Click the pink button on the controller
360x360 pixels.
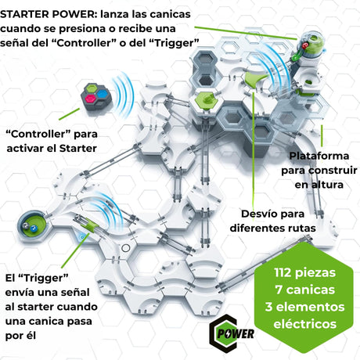90,99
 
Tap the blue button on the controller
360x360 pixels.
102,94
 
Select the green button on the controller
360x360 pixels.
92,88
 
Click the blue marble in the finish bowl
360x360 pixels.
34,229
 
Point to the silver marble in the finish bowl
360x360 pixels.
26,226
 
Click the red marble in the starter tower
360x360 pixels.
304,45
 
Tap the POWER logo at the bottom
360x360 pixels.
232,333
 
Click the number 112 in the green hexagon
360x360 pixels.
283,272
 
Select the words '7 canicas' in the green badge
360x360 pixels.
305,290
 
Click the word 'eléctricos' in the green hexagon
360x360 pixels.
305,324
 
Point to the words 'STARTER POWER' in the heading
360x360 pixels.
47,14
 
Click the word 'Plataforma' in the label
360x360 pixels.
319,156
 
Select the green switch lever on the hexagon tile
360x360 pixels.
207,99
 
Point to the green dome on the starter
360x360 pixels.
315,41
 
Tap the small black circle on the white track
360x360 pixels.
126,248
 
